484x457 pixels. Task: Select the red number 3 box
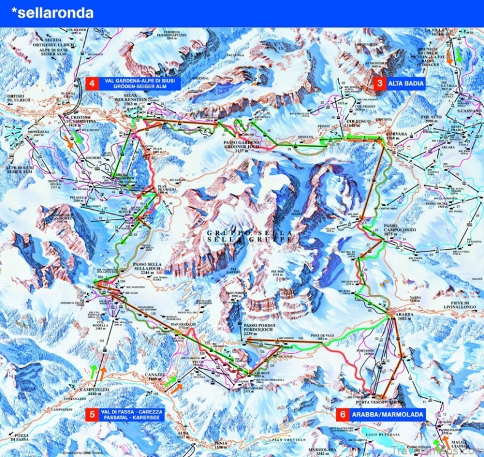point(380,83)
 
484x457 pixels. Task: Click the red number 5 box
point(92,415)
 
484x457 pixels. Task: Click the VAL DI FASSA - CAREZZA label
point(136,411)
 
